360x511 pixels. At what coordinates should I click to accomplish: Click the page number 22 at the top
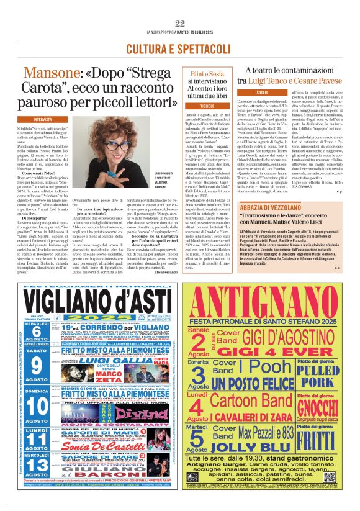point(180,24)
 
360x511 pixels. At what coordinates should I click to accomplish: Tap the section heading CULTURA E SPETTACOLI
point(179,48)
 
